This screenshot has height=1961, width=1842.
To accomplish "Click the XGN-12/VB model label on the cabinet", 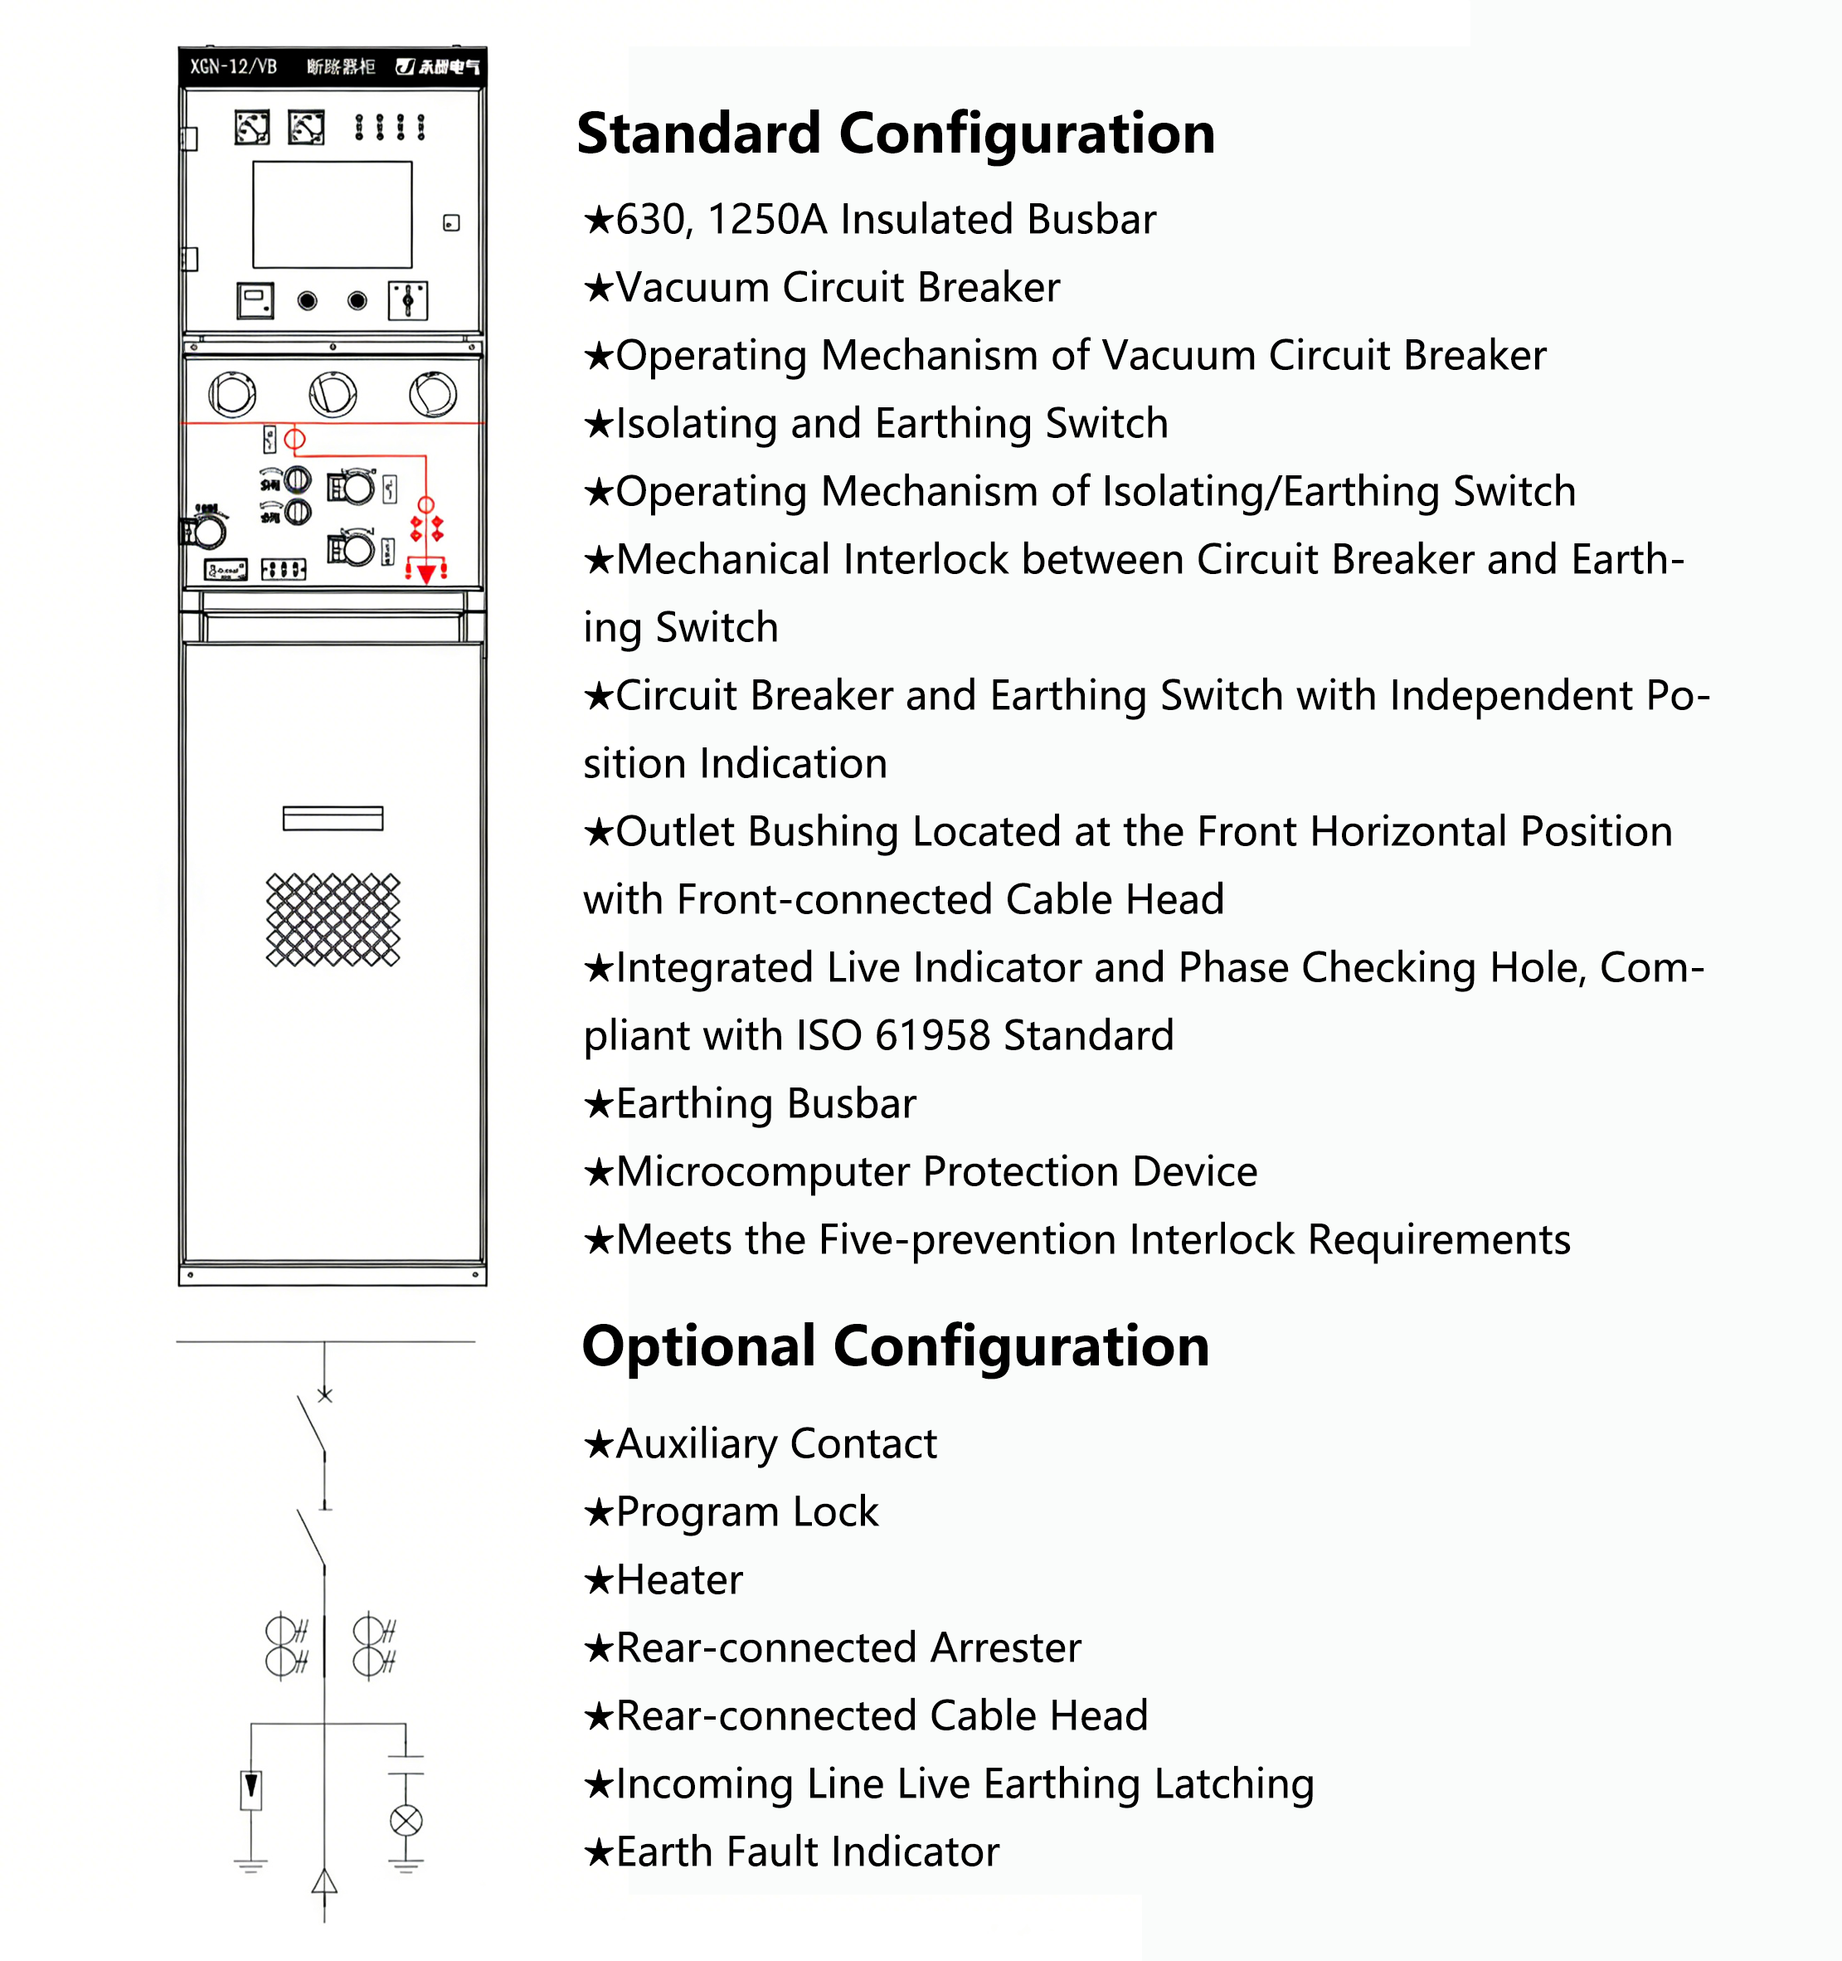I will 234,67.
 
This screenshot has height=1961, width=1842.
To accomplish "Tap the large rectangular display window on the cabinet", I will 333,215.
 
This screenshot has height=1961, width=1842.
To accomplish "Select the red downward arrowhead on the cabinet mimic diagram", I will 426,573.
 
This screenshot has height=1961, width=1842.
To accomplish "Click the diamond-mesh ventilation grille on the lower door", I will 333,919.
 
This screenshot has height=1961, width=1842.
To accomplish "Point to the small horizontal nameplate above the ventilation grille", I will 333,819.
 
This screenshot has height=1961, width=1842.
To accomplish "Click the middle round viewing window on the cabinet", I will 333,395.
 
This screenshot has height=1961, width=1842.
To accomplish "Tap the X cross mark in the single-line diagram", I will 325,1394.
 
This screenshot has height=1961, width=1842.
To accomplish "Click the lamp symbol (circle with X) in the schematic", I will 406,1821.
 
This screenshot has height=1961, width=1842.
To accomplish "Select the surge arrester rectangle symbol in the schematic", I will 251,1789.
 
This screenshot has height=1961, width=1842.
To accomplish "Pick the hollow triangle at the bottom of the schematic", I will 324,1882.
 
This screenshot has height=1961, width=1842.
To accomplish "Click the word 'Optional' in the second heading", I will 699,1346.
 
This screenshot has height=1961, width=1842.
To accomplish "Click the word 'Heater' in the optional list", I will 679,1580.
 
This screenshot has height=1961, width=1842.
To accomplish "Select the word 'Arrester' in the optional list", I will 1005,1648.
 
